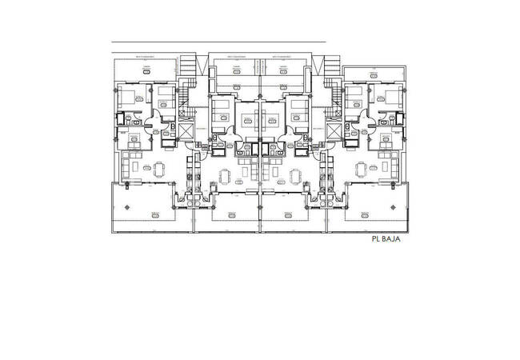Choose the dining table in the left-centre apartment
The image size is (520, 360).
click(x=224, y=176)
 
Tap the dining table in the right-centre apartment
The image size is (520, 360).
click(x=296, y=176)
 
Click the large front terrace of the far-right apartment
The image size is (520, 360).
click(x=378, y=206)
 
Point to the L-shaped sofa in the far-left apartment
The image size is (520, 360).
click(x=130, y=168)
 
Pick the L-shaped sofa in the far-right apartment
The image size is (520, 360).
click(x=390, y=168)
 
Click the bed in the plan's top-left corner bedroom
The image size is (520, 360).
click(x=128, y=98)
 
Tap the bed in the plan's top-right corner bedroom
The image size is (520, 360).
click(x=392, y=98)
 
